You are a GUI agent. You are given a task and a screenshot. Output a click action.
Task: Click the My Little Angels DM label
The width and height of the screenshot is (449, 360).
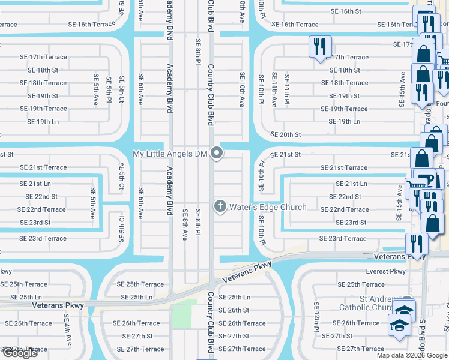(169, 154)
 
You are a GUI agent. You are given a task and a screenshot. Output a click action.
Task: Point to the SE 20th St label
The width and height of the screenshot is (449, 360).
(285, 135)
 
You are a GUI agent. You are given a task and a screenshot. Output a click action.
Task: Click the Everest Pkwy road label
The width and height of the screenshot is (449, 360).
(385, 272)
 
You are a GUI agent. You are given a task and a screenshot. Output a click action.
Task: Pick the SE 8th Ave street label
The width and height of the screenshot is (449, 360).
(185, 225)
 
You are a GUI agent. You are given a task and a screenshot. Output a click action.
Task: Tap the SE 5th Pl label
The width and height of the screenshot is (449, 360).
(109, 89)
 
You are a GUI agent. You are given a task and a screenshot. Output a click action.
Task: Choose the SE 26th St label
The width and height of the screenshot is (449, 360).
(234, 310)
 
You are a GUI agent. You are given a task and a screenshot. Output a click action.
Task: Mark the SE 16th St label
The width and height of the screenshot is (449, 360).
(345, 11)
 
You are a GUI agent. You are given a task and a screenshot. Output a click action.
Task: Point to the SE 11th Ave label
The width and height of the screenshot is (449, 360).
(274, 89)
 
